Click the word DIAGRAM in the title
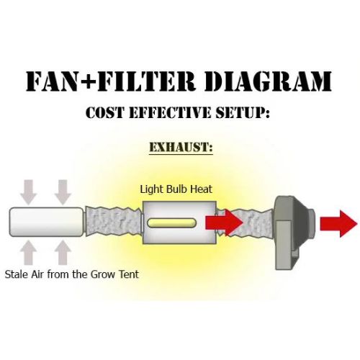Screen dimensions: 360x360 point(268,81)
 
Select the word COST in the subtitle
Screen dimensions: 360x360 point(105,112)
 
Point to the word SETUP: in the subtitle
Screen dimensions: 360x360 point(243,112)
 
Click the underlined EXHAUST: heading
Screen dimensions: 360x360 point(181,147)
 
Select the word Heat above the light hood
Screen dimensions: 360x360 point(201,189)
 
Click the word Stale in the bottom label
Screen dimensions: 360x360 point(17,274)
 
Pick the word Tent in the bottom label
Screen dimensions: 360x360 point(129,274)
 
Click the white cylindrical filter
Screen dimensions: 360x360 point(47,222)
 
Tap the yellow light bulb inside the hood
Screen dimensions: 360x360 point(171,223)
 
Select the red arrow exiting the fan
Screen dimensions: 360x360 point(338,224)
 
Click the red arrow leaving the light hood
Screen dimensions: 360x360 point(225,222)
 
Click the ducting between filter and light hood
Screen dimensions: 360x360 point(114,222)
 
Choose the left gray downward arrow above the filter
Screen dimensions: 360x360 point(29,192)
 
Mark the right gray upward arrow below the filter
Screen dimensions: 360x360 point(63,252)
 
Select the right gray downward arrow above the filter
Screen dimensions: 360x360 point(63,192)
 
